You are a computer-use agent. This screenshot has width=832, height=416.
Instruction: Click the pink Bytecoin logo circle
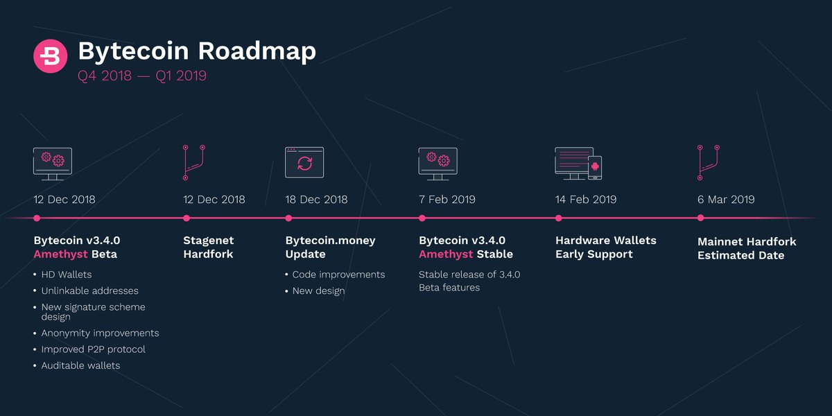(51, 55)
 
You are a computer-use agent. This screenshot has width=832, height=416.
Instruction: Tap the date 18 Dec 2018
(316, 200)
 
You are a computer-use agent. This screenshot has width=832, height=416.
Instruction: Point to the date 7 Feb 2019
(447, 200)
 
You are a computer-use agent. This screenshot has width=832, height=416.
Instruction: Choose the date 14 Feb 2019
(586, 200)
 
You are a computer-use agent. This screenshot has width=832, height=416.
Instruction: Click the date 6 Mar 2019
(726, 200)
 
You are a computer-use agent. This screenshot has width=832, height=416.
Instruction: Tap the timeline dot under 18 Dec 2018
(288, 218)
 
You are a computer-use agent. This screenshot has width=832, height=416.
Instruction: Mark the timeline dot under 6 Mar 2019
(700, 218)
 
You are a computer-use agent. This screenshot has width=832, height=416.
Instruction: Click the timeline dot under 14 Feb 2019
(559, 218)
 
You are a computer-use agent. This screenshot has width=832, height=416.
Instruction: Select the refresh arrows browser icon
(304, 163)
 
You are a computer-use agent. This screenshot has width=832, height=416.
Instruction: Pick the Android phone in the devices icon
(595, 167)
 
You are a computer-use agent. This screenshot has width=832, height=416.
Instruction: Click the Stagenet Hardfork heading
(209, 248)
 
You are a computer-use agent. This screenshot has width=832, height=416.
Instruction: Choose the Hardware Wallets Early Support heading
(605, 248)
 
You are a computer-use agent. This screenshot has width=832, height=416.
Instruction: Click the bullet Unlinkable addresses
(90, 291)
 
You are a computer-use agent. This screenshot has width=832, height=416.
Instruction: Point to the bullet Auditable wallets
(80, 365)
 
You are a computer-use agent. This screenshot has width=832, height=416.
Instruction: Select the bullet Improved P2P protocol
(94, 349)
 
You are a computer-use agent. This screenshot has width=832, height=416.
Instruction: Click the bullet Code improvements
(338, 275)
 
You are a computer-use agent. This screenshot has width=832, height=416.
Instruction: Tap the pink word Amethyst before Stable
(446, 254)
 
